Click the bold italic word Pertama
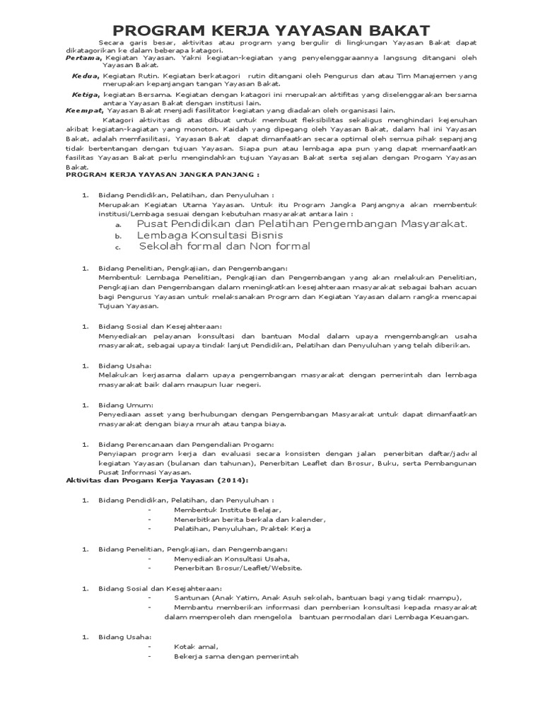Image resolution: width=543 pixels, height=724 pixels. (83, 58)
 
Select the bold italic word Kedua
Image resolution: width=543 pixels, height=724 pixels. (86, 75)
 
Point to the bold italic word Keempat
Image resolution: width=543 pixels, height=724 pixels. (84, 110)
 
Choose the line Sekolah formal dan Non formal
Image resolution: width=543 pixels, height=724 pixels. (224, 246)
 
